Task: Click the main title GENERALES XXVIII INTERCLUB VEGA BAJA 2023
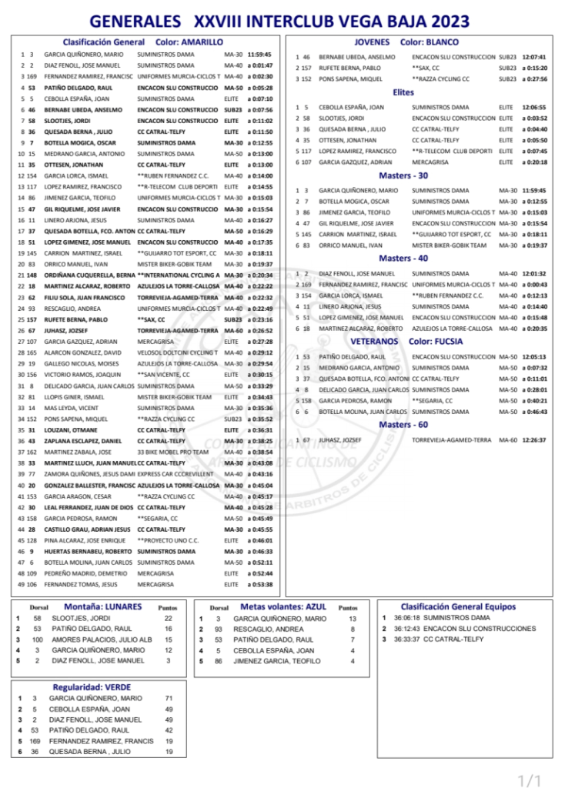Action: click(x=282, y=21)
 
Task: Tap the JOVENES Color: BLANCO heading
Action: click(x=406, y=42)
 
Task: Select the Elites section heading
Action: click(x=403, y=92)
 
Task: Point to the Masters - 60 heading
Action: click(x=403, y=424)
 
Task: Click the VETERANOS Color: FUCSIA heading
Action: click(x=406, y=340)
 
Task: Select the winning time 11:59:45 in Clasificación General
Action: click(x=259, y=55)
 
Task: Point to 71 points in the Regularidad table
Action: click(x=169, y=698)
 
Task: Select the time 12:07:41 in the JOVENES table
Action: click(x=533, y=57)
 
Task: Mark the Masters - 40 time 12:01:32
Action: click(x=533, y=273)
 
